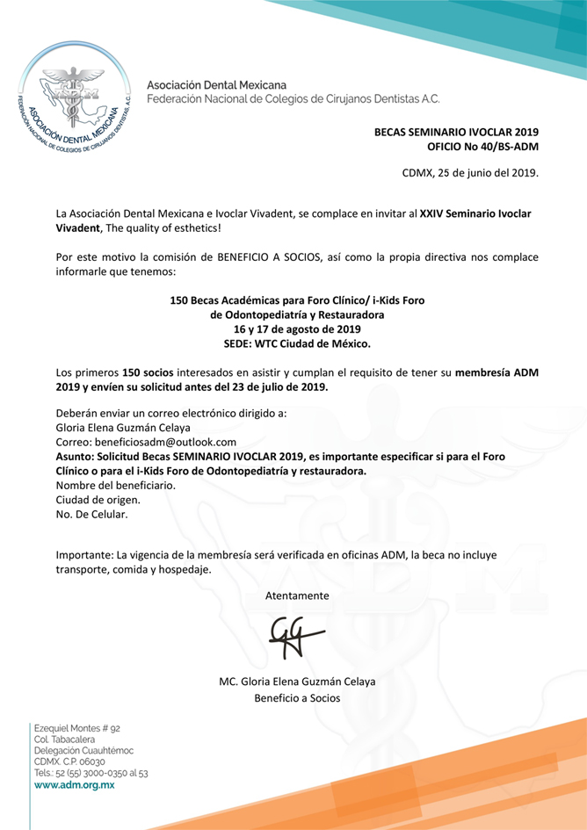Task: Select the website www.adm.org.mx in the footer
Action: click(x=74, y=784)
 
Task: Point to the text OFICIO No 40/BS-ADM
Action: click(x=482, y=146)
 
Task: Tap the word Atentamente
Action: click(x=297, y=595)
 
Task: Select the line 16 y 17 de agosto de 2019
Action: click(x=297, y=328)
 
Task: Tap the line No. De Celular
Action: click(x=91, y=515)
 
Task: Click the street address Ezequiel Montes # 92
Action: click(x=76, y=728)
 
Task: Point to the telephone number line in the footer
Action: click(x=91, y=773)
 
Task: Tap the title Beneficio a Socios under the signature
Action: click(x=297, y=698)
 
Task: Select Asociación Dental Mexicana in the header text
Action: click(x=210, y=84)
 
